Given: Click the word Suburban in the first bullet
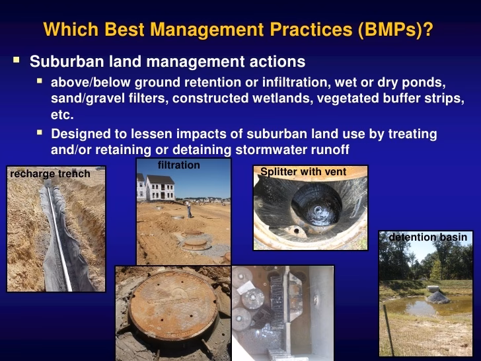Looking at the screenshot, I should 62,62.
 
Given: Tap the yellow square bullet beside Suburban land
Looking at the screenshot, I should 16,61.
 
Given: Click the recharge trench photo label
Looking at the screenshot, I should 50,173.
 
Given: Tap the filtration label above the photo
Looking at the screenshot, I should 178,165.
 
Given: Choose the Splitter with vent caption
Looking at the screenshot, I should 303,172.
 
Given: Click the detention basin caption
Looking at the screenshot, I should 427,237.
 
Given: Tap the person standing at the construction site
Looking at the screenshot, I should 189,208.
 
